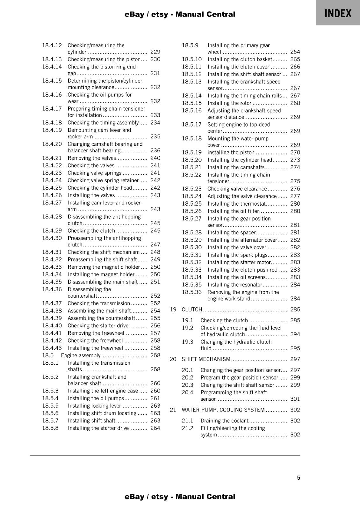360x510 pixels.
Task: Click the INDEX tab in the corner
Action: click(338, 13)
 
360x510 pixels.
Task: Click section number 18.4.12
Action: click(52, 45)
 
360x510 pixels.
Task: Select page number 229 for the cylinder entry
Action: click(155, 52)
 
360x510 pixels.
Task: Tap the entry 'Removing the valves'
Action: click(92, 158)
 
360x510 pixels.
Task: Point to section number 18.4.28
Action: click(52, 217)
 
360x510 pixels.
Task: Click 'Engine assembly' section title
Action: click(81, 355)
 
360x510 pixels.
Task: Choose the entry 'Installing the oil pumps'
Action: click(96, 398)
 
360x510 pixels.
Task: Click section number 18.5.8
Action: click(50, 428)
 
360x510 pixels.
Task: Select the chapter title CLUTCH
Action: click(192, 310)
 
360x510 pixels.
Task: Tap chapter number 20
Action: click(173, 359)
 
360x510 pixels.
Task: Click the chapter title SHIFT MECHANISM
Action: click(206, 359)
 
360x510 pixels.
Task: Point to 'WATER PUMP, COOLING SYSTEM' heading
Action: click(223, 410)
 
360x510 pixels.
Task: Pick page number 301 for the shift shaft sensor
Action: click(295, 399)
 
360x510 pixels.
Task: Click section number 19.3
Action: click(188, 342)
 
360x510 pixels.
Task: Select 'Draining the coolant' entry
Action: click(224, 421)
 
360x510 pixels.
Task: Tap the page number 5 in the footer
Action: click(299, 478)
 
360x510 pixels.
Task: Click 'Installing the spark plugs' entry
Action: click(237, 255)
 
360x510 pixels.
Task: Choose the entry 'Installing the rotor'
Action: click(229, 103)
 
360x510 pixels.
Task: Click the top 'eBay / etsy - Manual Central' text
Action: click(180, 14)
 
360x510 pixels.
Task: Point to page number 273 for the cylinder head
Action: click(295, 160)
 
